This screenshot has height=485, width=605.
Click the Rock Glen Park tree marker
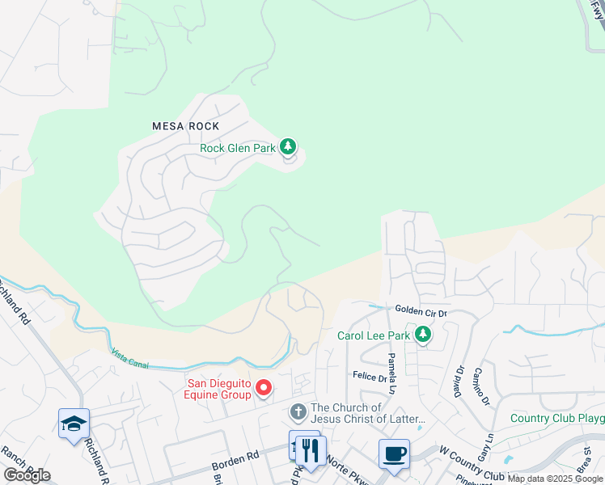(x=288, y=147)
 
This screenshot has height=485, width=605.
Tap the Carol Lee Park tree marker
(x=422, y=334)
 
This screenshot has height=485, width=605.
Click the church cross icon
(x=298, y=412)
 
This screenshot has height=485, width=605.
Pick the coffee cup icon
(x=394, y=453)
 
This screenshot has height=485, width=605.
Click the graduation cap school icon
(x=74, y=423)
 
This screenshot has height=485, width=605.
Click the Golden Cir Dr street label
(x=421, y=310)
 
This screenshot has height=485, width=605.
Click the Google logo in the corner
(x=26, y=475)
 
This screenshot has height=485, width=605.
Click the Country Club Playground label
(x=557, y=418)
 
